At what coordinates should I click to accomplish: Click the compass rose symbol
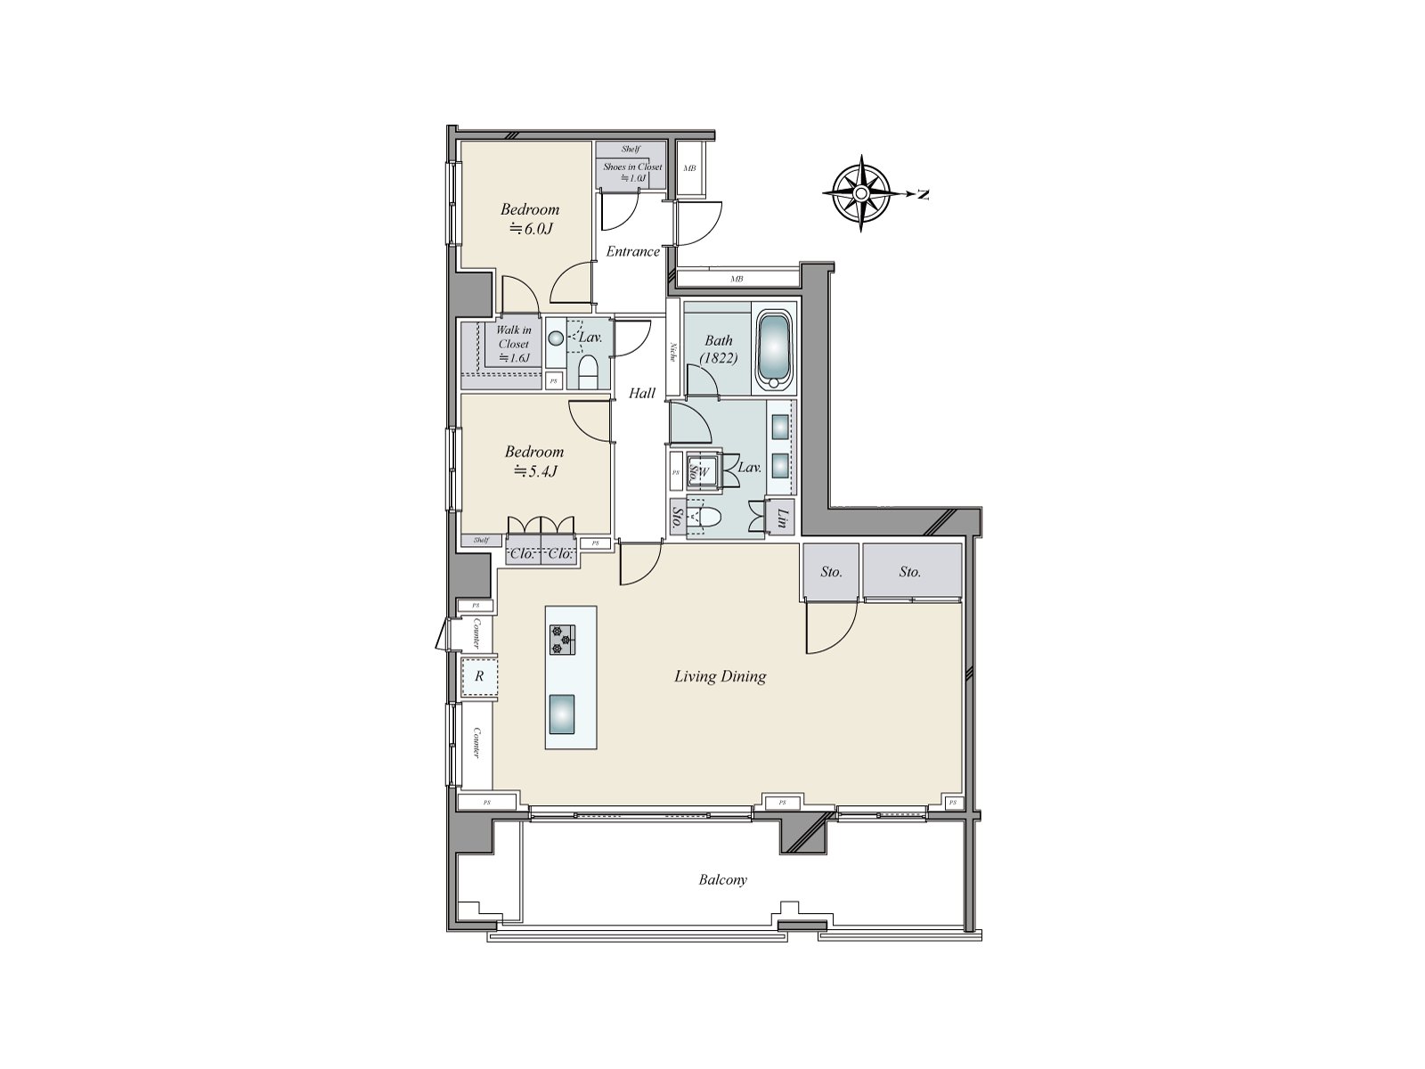pyautogui.click(x=861, y=193)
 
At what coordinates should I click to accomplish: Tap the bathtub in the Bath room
pyautogui.click(x=774, y=350)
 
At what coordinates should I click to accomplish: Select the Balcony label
pyautogui.click(x=722, y=880)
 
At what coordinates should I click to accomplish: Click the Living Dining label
pyautogui.click(x=720, y=676)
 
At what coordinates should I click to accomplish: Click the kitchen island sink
pyautogui.click(x=563, y=714)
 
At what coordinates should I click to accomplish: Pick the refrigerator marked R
pyautogui.click(x=479, y=676)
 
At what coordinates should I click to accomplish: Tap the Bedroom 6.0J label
pyautogui.click(x=530, y=218)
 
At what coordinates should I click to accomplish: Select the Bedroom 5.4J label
pyautogui.click(x=534, y=461)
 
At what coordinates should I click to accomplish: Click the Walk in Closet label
pyautogui.click(x=514, y=344)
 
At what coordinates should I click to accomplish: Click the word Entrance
pyautogui.click(x=633, y=251)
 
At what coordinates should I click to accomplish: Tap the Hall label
pyautogui.click(x=642, y=393)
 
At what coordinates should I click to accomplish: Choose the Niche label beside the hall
pyautogui.click(x=674, y=354)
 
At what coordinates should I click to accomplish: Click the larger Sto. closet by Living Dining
pyautogui.click(x=910, y=572)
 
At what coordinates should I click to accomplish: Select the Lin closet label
pyautogui.click(x=781, y=518)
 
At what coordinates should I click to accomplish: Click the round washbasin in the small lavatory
pyautogui.click(x=556, y=339)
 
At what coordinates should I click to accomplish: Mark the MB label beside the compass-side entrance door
pyautogui.click(x=688, y=168)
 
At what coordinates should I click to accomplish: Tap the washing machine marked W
pyautogui.click(x=704, y=471)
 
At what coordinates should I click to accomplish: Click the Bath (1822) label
pyautogui.click(x=719, y=348)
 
